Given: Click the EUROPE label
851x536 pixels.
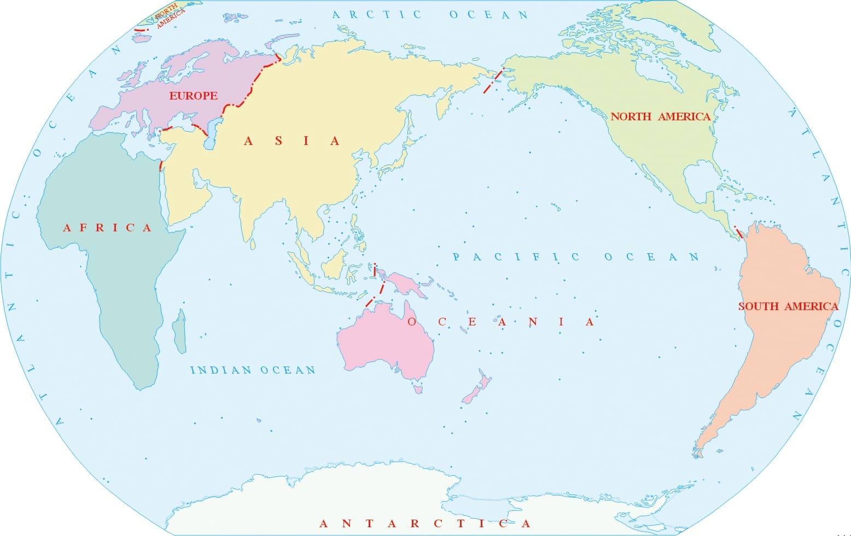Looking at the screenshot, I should click(x=193, y=96).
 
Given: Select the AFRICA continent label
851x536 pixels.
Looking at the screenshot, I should click(x=107, y=228).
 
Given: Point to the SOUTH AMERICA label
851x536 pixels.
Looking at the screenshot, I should click(x=788, y=306).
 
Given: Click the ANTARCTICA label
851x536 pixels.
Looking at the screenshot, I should click(x=424, y=523).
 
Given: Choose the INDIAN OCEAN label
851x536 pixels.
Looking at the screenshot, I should click(x=253, y=370).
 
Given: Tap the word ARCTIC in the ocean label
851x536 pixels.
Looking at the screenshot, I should click(x=377, y=15).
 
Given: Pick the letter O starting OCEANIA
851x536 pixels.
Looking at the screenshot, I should click(x=412, y=322).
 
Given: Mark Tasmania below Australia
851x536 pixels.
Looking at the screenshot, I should click(x=418, y=389).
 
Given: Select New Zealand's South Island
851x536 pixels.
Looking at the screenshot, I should click(x=469, y=395).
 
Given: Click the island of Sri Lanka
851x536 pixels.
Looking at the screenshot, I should click(x=253, y=244).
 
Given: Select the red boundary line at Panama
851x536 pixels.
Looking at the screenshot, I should click(x=738, y=232).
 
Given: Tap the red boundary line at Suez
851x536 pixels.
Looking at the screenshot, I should click(x=160, y=166).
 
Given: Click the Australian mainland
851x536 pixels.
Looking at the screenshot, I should click(x=383, y=339).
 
